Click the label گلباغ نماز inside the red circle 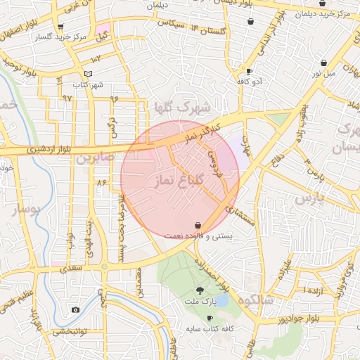click(177, 181)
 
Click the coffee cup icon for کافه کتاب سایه click(210, 319)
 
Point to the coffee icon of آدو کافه click(249, 71)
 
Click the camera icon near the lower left click(75, 309)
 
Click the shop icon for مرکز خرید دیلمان click(322, 4)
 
